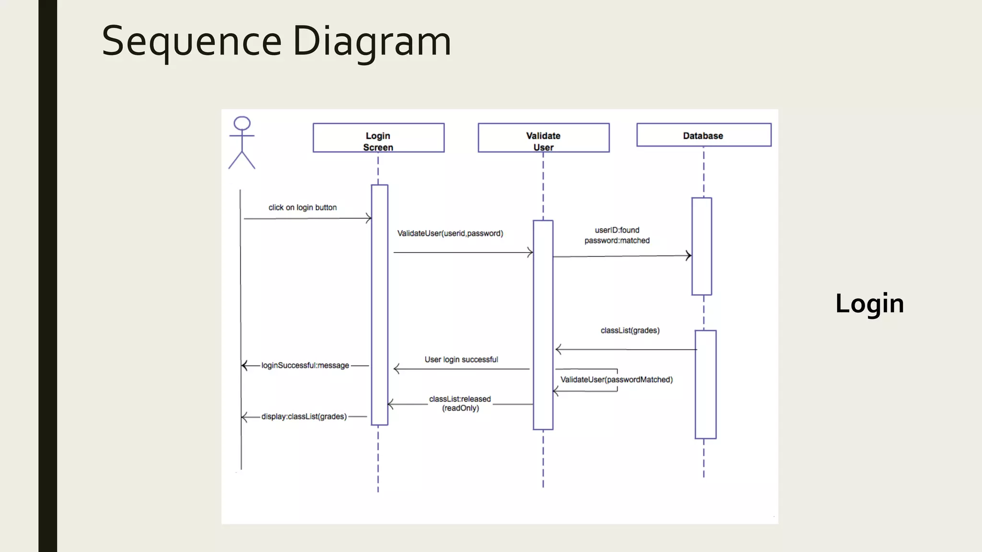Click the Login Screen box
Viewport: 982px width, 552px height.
click(x=378, y=138)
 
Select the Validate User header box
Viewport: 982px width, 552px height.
click(x=543, y=138)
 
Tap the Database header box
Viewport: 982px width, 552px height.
click(x=703, y=135)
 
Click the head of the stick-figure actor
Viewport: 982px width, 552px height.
click(x=242, y=123)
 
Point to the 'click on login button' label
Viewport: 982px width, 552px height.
click(x=303, y=207)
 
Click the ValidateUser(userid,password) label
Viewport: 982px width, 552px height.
click(x=450, y=233)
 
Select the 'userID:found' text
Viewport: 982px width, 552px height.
click(x=617, y=230)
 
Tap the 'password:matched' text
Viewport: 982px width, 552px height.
click(x=617, y=241)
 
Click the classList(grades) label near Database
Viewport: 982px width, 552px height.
click(x=630, y=331)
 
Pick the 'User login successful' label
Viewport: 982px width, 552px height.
click(x=461, y=359)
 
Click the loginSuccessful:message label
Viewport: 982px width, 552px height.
click(x=305, y=366)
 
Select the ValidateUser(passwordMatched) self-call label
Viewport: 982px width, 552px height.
click(x=616, y=379)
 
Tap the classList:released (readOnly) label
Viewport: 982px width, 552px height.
click(x=460, y=403)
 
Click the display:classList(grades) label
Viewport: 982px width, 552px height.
click(x=304, y=417)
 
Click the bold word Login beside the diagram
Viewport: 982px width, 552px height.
click(x=869, y=303)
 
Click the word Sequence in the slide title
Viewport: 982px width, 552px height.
click(x=191, y=41)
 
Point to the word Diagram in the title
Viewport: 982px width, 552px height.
click(x=372, y=41)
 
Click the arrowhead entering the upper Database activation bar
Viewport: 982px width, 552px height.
click(x=689, y=256)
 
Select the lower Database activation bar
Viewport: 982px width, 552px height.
click(x=705, y=384)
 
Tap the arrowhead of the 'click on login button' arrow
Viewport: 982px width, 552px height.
click(x=369, y=218)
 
